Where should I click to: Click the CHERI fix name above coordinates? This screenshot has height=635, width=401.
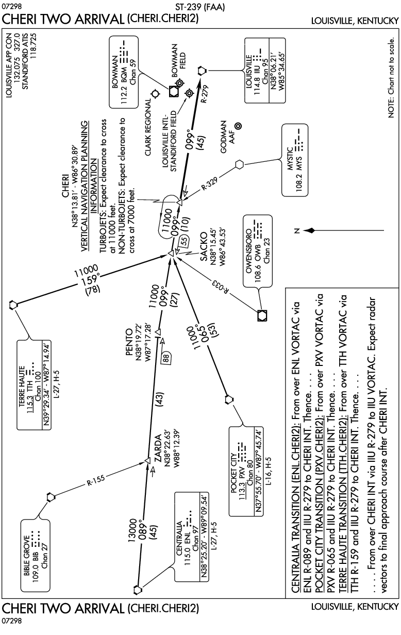click(65, 189)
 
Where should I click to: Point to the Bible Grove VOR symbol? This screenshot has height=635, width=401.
click(50, 497)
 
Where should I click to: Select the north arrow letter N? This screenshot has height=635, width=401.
click(291, 231)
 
